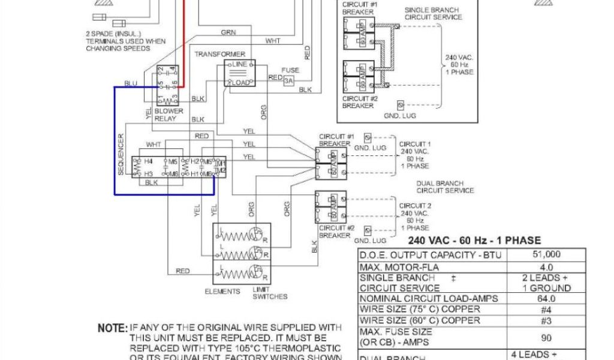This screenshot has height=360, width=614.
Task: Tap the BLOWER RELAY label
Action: pos(168,115)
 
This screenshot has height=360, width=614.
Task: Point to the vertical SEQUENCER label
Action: pos(121,155)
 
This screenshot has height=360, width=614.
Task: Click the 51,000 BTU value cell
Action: pos(546,254)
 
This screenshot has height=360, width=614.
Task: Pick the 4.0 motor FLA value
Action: pos(546,266)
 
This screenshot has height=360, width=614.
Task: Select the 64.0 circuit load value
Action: pos(546,299)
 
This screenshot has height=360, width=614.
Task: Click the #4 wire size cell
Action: pos(546,310)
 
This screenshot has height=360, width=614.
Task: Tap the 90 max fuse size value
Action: pos(546,337)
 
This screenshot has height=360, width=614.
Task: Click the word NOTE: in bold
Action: pos(112,329)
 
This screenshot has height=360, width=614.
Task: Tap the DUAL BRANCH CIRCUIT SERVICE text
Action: pos(445,187)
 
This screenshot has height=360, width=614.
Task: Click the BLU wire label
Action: pos(131,83)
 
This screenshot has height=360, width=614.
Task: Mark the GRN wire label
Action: pos(228,32)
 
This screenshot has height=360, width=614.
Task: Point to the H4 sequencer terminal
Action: pos(148,162)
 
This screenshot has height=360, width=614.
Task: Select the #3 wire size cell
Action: pos(546,320)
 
